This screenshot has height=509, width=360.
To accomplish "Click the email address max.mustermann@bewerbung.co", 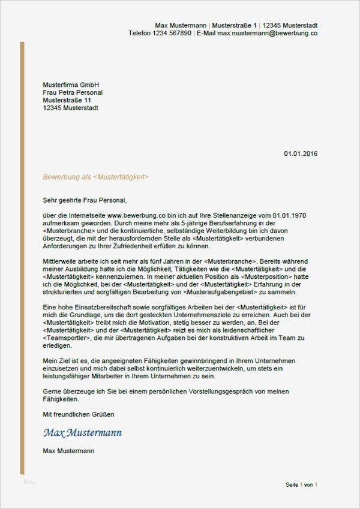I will tap(267, 34).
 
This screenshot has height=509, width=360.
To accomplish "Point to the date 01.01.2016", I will tap(301, 153).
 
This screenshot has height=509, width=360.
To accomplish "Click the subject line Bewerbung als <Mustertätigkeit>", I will tap(95, 177).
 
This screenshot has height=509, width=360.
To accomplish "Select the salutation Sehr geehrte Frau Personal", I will tap(85, 200).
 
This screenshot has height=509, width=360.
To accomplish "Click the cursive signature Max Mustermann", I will tap(82, 432).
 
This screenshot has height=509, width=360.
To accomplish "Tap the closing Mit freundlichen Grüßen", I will tap(78, 414).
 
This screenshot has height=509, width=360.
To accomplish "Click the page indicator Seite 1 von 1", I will tap(301, 484).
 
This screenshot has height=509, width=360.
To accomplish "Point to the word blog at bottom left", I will tap(30, 481).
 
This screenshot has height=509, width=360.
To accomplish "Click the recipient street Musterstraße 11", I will tap(67, 100).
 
